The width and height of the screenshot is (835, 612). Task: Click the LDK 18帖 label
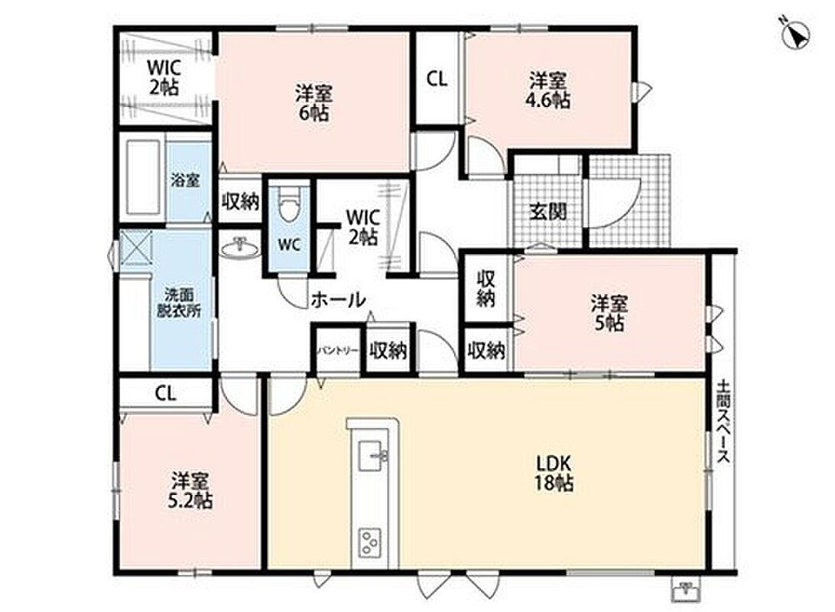pos(554,473)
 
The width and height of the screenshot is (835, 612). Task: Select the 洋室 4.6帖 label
pos(547,90)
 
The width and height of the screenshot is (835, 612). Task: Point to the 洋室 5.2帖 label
pos(190,490)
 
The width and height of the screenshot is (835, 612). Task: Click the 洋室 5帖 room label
pos(609,313)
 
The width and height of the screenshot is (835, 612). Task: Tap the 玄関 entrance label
pos(547,212)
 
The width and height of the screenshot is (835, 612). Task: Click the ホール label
pos(338,300)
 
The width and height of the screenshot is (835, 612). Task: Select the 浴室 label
pos(185,180)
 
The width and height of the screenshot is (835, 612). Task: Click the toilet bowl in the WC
pos(288,204)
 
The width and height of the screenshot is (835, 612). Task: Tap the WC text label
pos(289,246)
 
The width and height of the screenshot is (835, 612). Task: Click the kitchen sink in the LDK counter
pos(372,456)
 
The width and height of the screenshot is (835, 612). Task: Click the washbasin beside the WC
pos(240,247)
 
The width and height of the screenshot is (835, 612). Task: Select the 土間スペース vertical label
pos(723,422)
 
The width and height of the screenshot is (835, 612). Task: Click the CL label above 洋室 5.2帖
pos(166,394)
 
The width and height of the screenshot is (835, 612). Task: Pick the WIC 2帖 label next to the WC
pos(363,226)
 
